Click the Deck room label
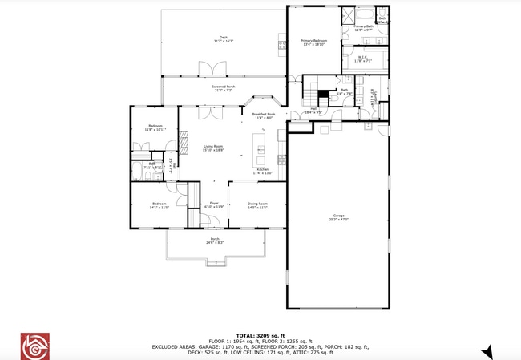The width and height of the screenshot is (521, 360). [x=224, y=40]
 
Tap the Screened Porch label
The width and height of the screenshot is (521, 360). [x=224, y=88]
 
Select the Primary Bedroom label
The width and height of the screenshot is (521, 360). [x=314, y=42]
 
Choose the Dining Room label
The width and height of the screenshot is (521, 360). [x=256, y=205]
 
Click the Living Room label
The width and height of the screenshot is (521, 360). [x=212, y=148]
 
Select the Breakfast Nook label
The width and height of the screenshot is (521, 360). [x=264, y=116]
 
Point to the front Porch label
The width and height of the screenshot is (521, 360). [x=215, y=241]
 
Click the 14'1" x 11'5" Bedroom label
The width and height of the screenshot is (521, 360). [x=159, y=205]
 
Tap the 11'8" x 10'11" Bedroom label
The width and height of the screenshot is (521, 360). [x=155, y=127]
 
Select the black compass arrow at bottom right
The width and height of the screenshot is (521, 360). [x=486, y=352]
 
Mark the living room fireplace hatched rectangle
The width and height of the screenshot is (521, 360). [x=182, y=144]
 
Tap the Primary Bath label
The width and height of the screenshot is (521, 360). [x=364, y=29]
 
